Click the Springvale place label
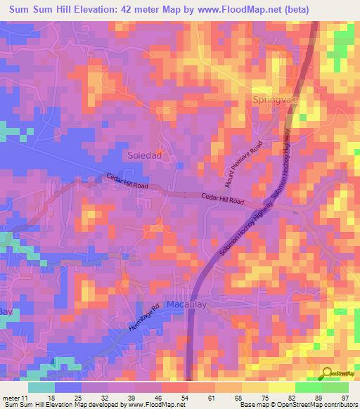click(276, 100)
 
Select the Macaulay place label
click(187, 304)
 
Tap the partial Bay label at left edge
click(6, 311)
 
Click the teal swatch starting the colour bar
click(41, 387)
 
